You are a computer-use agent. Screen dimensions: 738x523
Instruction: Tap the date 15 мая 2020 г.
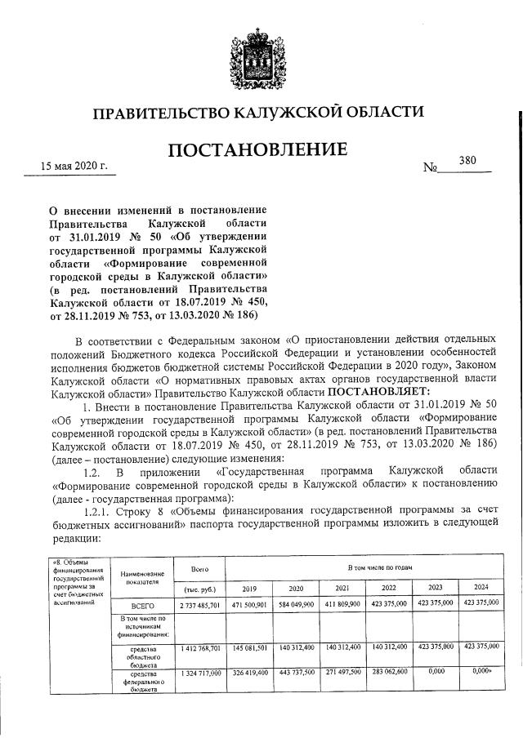74,167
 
